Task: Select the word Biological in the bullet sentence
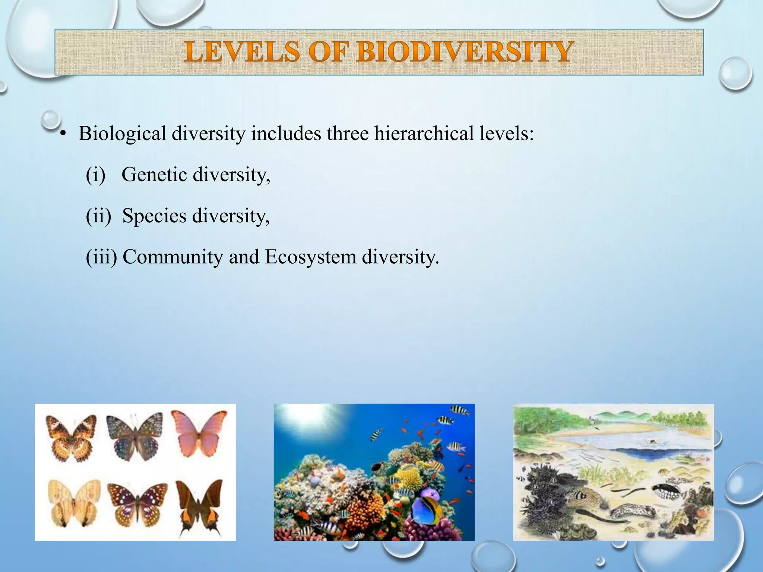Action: (x=122, y=133)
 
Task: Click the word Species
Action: (x=154, y=216)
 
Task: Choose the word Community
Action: (x=172, y=257)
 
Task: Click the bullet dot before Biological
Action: (x=63, y=134)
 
